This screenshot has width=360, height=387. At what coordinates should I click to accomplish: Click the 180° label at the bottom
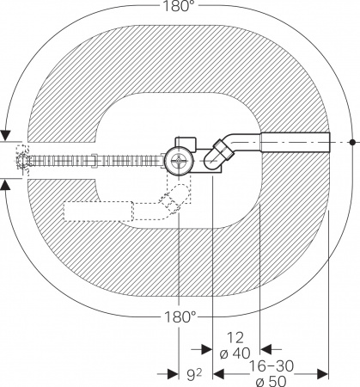tap(180, 317)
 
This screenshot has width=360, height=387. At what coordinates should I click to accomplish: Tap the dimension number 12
tap(235, 338)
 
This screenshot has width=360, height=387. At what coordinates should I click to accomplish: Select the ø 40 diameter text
tap(235, 353)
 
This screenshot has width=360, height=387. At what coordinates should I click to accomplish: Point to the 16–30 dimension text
tap(272, 366)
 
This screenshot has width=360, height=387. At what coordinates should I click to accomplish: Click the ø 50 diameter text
tap(271, 382)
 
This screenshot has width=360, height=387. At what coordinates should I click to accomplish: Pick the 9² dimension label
tap(194, 375)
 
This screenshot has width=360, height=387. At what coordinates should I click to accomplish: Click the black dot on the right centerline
tap(352, 142)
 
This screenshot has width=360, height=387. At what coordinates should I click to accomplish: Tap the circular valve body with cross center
tap(179, 161)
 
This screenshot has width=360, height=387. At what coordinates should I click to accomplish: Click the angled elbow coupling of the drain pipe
tap(219, 154)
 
